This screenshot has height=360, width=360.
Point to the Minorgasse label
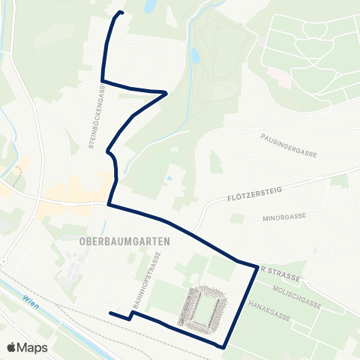pyautogui.click(x=284, y=216)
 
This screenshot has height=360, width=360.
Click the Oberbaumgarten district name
pyautogui.click(x=124, y=241)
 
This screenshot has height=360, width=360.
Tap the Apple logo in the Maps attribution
pyautogui.click(x=12, y=347)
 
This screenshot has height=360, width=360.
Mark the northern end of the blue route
pyautogui.click(x=122, y=13)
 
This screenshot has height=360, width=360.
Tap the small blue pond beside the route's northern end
pyautogui.click(x=150, y=7)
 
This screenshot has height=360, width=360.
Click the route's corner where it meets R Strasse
pyautogui.click(x=256, y=265)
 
